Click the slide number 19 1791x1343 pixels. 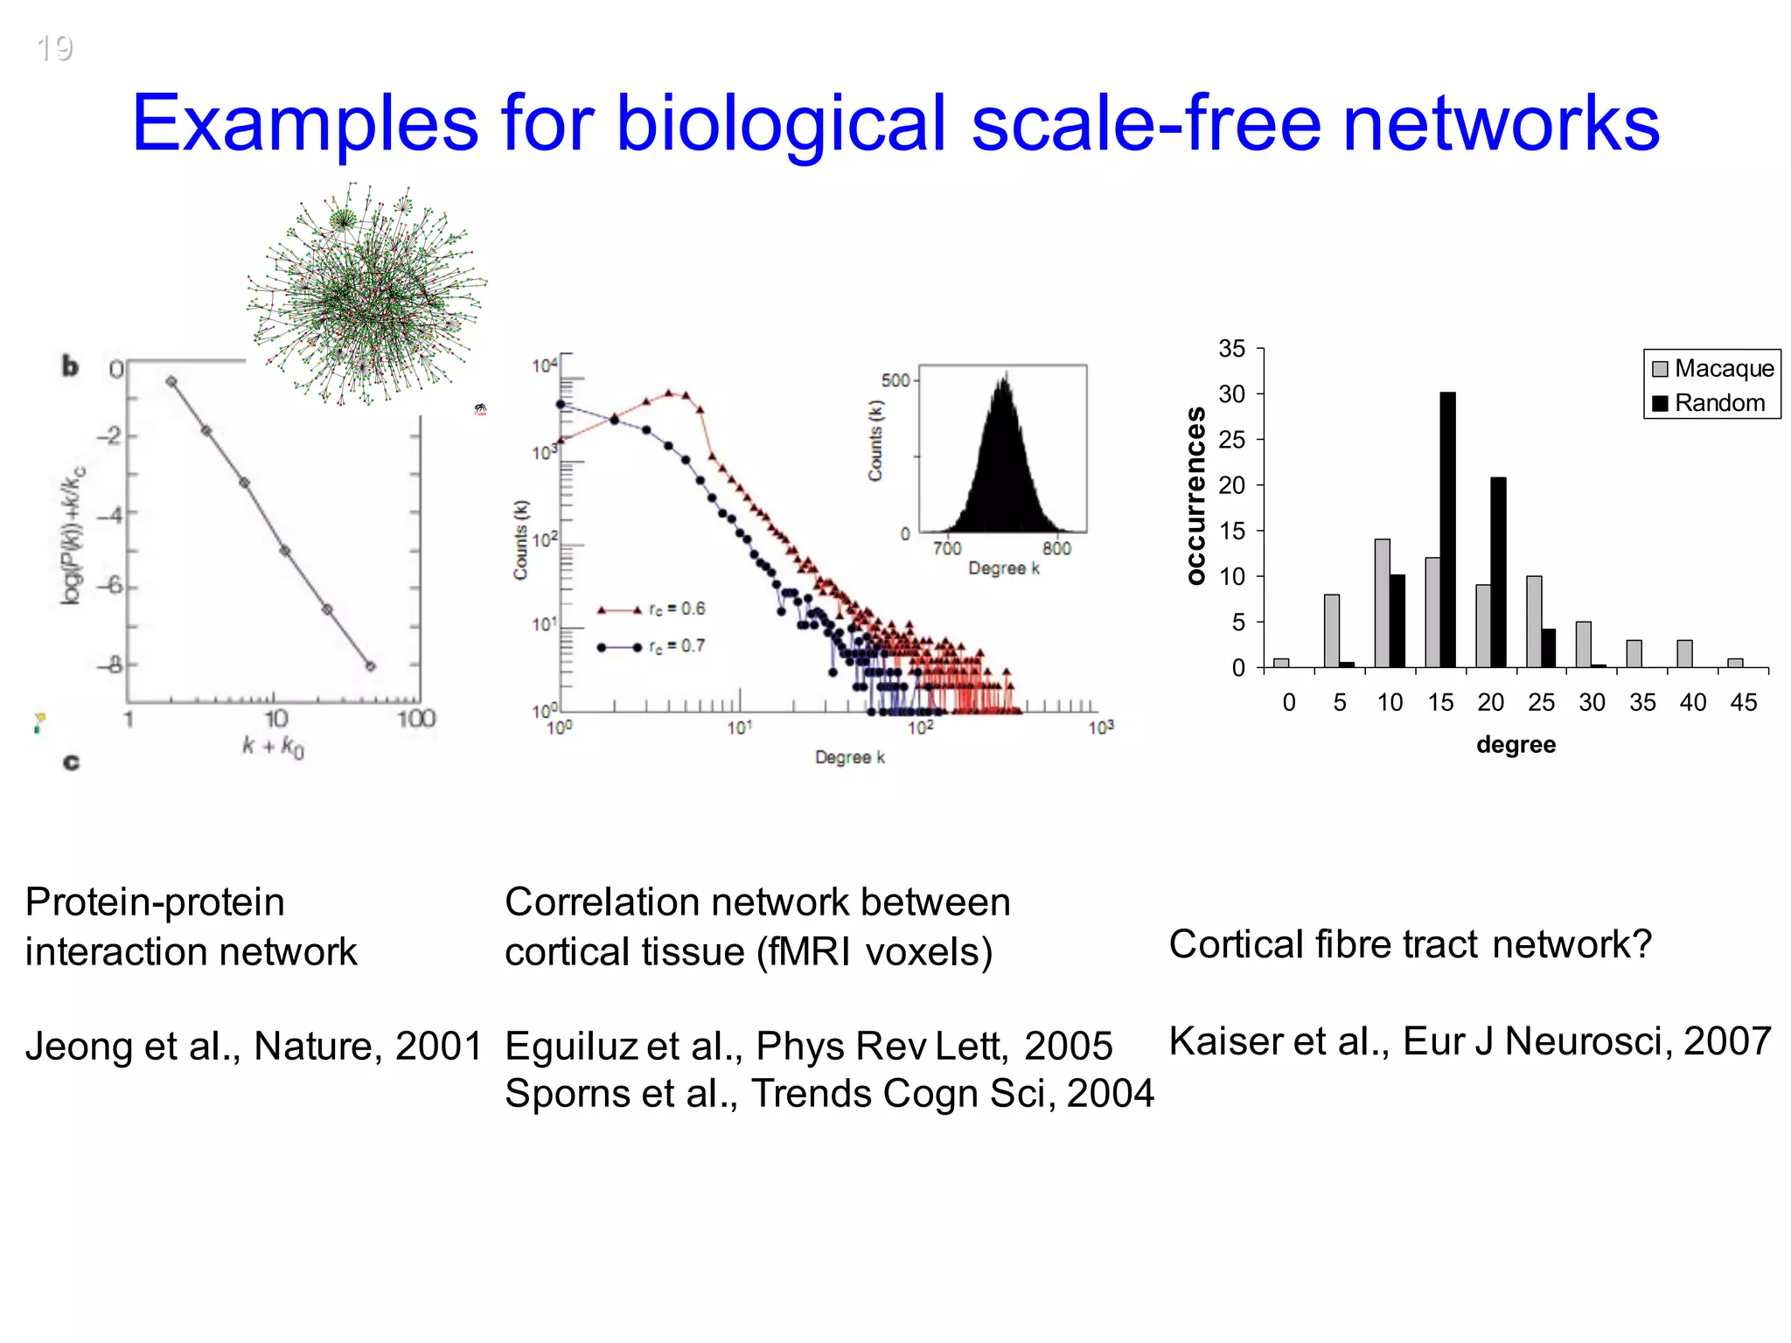pyautogui.click(x=54, y=48)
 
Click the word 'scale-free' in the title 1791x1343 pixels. pyautogui.click(x=1146, y=124)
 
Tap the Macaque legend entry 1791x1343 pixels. pyautogui.click(x=1713, y=368)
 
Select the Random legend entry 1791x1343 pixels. pyautogui.click(x=1709, y=403)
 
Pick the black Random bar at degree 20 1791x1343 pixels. pyautogui.click(x=1498, y=573)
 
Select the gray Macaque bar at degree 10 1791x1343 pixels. pyautogui.click(x=1382, y=603)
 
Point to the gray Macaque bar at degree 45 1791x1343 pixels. pyautogui.click(x=1735, y=663)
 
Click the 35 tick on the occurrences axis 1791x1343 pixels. pyautogui.click(x=1231, y=349)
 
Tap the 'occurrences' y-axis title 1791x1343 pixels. pyautogui.click(x=1195, y=495)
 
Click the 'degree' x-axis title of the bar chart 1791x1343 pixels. pyautogui.click(x=1516, y=745)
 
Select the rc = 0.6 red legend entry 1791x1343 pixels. pyautogui.click(x=652, y=609)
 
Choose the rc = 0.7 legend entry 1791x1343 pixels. pyautogui.click(x=652, y=646)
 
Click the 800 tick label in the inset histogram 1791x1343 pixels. pyautogui.click(x=1056, y=548)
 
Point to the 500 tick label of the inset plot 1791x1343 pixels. pyautogui.click(x=895, y=380)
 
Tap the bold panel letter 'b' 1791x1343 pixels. pyautogui.click(x=70, y=366)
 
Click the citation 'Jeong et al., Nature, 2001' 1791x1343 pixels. pyautogui.click(x=254, y=1046)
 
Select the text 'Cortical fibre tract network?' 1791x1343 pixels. pyautogui.click(x=1410, y=944)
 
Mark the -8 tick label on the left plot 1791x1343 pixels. pyautogui.click(x=111, y=665)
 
